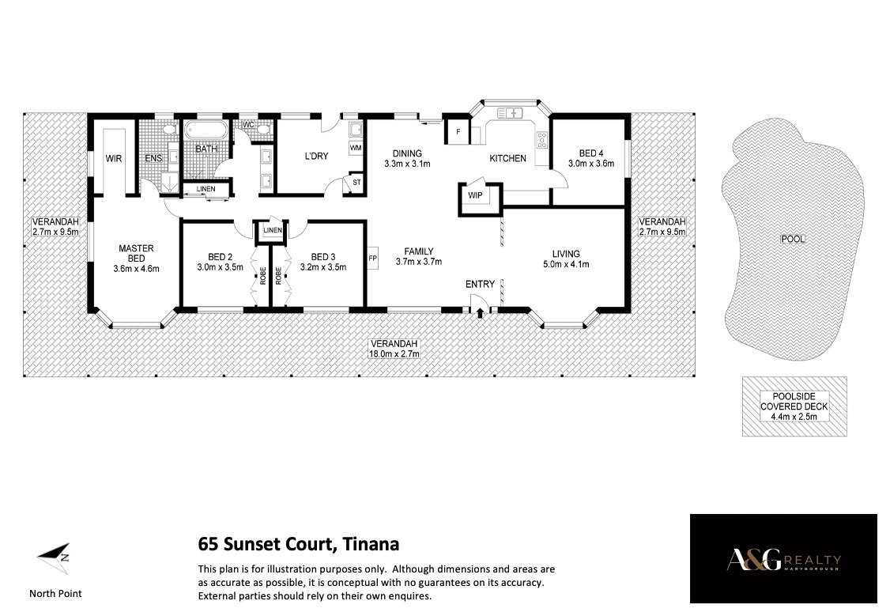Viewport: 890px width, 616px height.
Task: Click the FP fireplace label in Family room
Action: tap(373, 259)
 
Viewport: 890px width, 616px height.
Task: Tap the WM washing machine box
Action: tap(356, 148)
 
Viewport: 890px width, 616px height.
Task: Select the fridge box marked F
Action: tap(458, 132)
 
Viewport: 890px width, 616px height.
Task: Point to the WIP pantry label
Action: tap(475, 195)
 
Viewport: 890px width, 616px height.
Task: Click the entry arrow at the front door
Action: tap(481, 312)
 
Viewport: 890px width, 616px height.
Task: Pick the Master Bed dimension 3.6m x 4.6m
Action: tap(136, 269)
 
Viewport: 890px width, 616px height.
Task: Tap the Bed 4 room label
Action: tap(591, 153)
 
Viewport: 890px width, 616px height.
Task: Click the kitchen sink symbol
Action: tap(510, 112)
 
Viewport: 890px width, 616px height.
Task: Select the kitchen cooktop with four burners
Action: tap(542, 140)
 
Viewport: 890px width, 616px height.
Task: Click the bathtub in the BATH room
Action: tap(206, 130)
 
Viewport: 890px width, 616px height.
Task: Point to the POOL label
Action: tap(793, 239)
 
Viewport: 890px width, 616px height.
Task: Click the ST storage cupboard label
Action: tap(356, 183)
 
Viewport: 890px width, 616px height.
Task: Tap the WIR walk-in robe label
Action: tap(114, 159)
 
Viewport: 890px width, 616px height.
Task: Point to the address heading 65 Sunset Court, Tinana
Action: tap(299, 544)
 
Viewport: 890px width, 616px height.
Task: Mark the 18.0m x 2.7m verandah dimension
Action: tap(394, 353)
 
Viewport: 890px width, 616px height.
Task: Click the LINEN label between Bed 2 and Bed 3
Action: tap(273, 230)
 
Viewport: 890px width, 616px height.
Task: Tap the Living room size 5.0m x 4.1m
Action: tap(566, 264)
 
